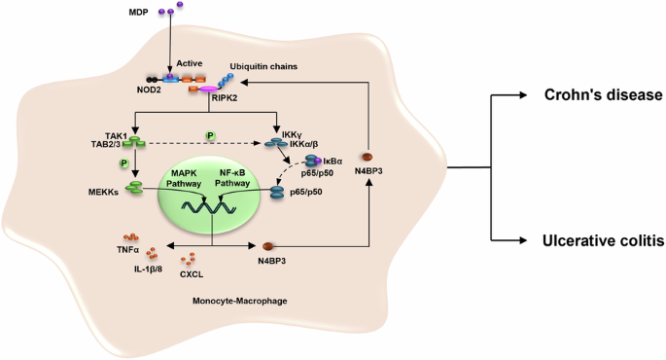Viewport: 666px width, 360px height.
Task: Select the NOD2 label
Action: click(x=150, y=89)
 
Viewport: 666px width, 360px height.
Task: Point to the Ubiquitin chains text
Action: click(x=263, y=67)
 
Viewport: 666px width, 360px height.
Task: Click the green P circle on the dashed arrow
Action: click(x=209, y=135)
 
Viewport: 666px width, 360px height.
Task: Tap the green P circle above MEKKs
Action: click(x=124, y=162)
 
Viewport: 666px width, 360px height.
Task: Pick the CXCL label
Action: click(x=190, y=273)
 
